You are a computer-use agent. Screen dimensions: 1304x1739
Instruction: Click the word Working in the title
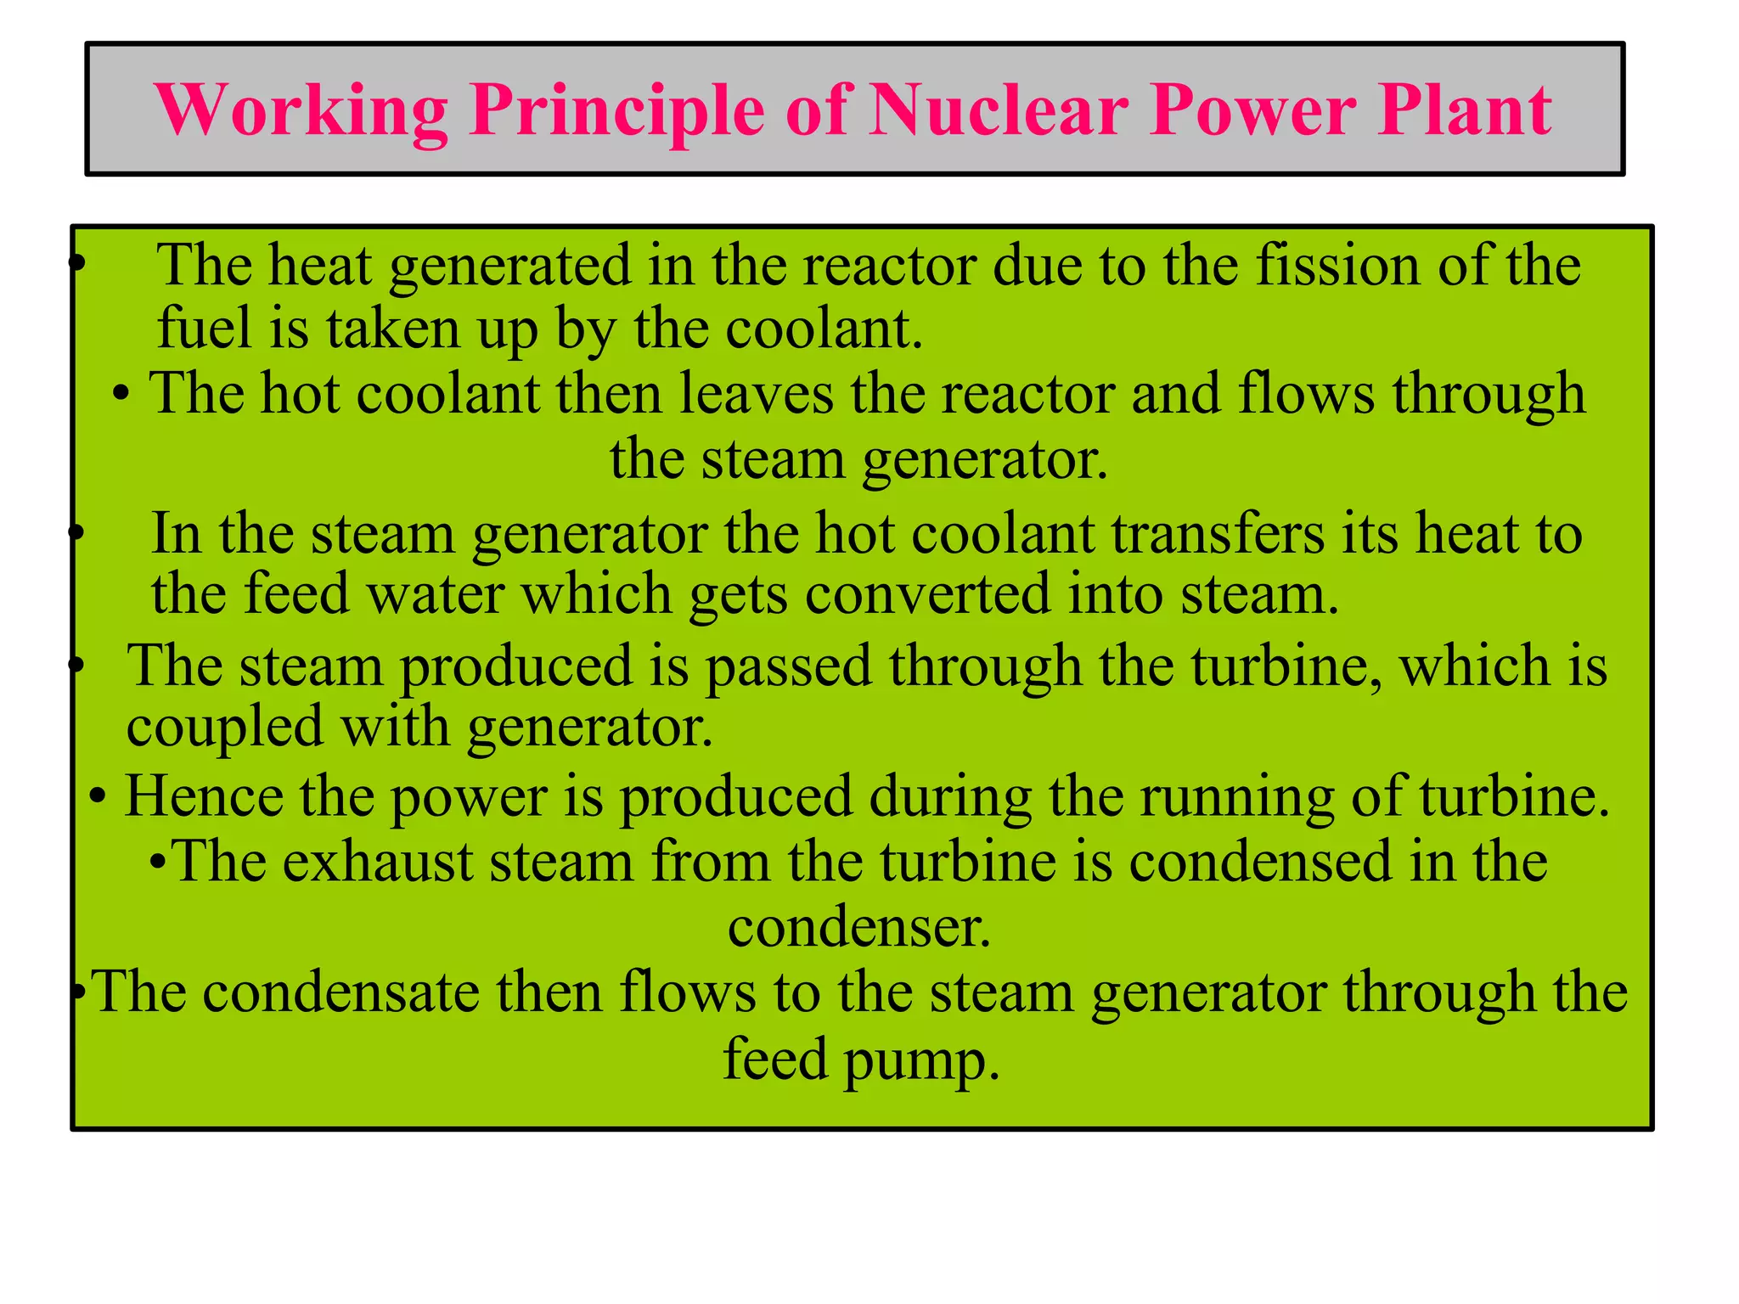[302, 110]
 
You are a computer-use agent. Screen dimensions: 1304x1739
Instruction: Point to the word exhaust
[377, 862]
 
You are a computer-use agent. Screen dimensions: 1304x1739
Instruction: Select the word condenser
[859, 926]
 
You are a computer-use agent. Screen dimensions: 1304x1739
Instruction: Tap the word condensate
[341, 992]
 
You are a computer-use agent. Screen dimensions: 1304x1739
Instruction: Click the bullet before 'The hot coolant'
[121, 395]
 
